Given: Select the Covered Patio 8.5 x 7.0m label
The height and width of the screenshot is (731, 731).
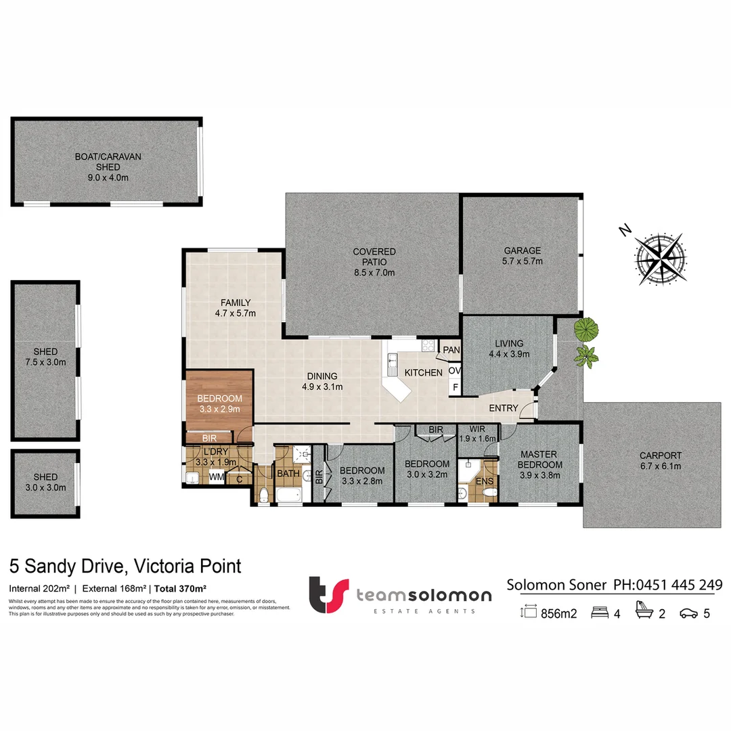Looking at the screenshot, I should pos(374,262).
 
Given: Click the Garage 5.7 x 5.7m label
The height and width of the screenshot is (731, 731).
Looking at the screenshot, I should pos(522,255).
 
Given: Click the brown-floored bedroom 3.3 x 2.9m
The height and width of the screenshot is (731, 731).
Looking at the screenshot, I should pos(219,403).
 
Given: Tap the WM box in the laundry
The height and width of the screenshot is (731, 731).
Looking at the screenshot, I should pos(216,478).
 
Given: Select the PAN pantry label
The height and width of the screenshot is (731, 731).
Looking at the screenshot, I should pos(451,350).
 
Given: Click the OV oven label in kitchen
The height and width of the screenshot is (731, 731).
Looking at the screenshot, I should pos(455,371).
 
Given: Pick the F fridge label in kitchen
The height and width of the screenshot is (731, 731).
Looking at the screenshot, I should pos(456,388).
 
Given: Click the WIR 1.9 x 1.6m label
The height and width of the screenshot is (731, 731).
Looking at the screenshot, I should pos(477,433).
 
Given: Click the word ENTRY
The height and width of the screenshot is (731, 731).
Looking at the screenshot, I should pos(504,408).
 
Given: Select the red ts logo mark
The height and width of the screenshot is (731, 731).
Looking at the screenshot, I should pos(330,594).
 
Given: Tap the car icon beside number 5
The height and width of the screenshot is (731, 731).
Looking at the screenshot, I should pos(689,614).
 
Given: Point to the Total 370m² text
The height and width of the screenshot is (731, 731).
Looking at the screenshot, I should pos(180,588).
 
